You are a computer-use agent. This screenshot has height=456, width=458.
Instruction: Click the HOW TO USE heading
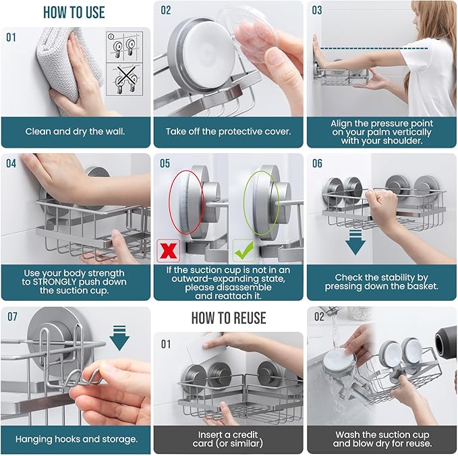click(x=75, y=12)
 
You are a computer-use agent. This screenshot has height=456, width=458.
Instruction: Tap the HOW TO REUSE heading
click(x=228, y=318)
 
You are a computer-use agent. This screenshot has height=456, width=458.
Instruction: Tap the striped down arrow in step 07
click(x=119, y=336)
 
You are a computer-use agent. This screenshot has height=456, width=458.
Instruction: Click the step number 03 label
click(x=316, y=10)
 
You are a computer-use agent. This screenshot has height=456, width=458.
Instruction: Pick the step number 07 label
click(x=13, y=316)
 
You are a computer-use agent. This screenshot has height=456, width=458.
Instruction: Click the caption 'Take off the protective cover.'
click(x=228, y=132)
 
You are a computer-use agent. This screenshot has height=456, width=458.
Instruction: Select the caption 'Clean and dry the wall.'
click(x=75, y=132)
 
